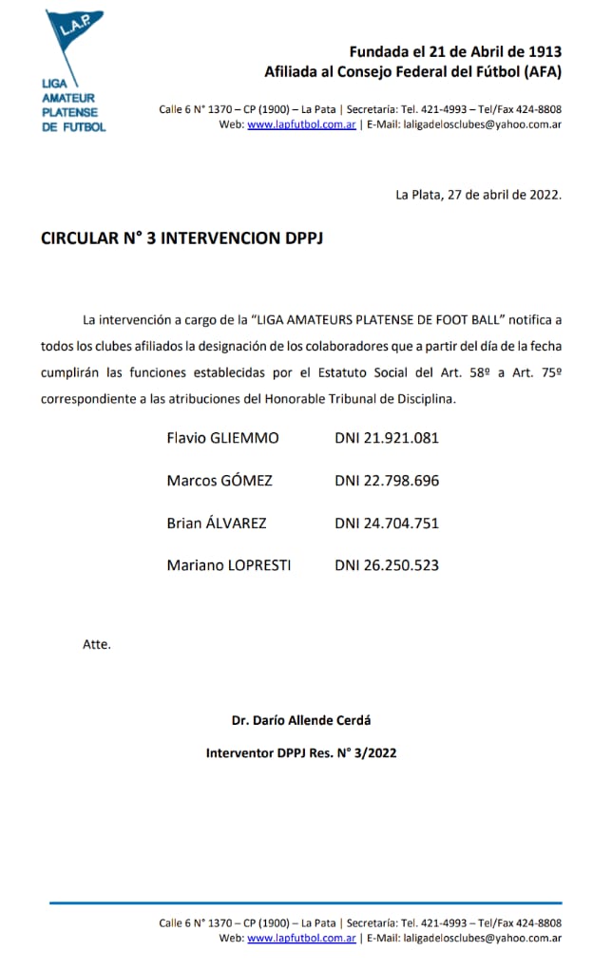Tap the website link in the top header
tap(301, 124)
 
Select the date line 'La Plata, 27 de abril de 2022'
tap(478, 194)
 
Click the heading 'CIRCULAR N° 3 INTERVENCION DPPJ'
tap(182, 238)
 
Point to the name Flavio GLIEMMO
tap(222, 438)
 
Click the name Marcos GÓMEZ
tap(220, 480)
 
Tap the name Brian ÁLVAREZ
tap(217, 523)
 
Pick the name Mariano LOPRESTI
tap(229, 564)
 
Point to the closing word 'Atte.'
tap(97, 644)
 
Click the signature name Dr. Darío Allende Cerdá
tap(301, 719)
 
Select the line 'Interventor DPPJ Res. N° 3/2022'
tap(301, 752)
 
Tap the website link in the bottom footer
tap(301, 938)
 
